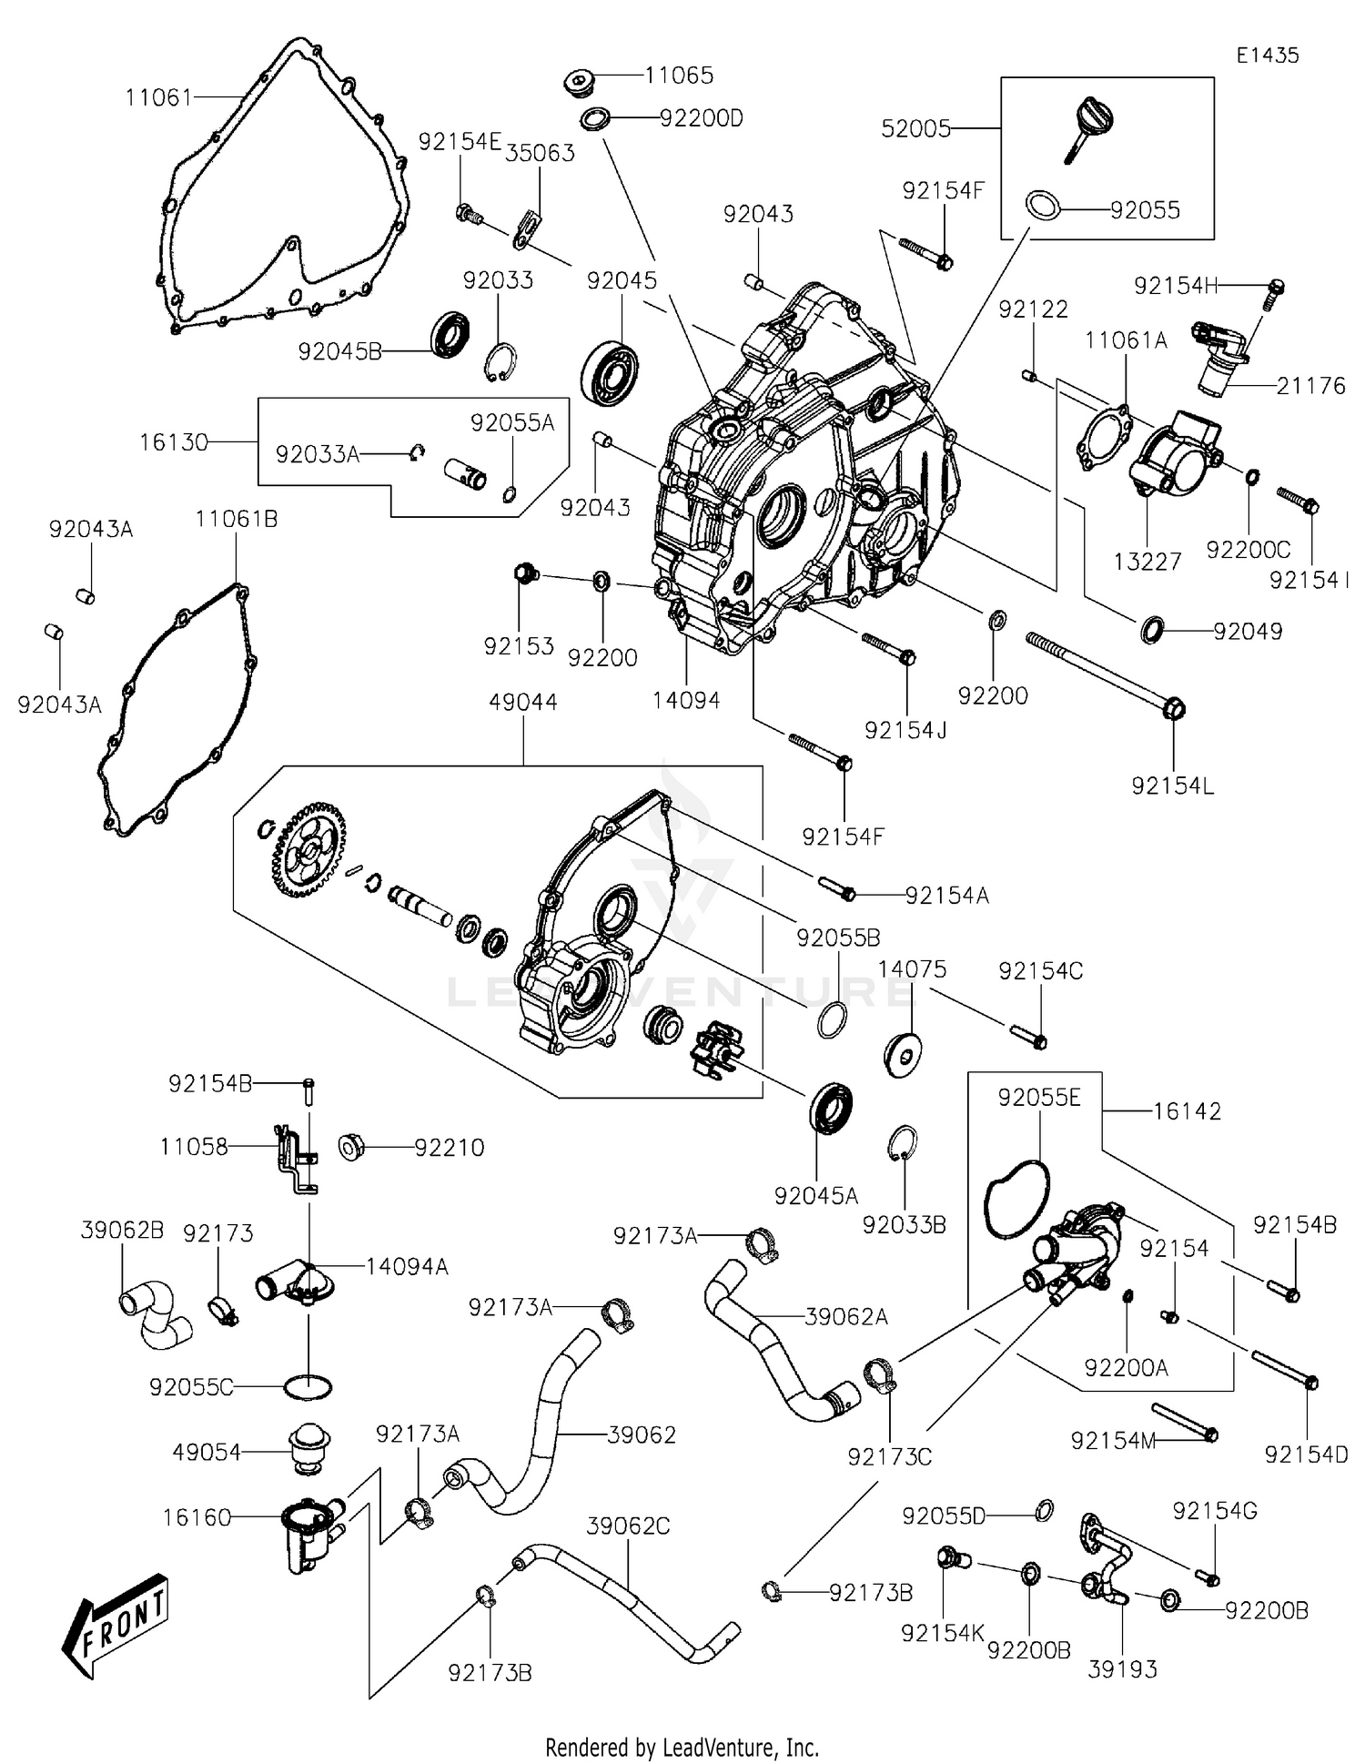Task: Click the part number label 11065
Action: point(679,76)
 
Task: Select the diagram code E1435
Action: point(1267,55)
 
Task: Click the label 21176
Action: point(1310,386)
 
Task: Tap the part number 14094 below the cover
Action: point(686,700)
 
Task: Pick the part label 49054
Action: point(207,1452)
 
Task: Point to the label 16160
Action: point(197,1517)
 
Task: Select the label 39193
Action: point(1122,1668)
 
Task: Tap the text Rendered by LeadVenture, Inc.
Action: point(682,1747)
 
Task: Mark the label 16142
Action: point(1187,1111)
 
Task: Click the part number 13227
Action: point(1147,562)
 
